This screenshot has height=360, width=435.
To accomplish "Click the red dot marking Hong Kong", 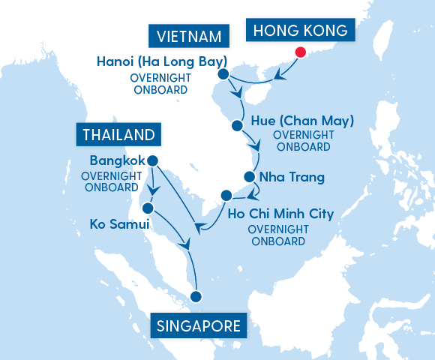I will click(300, 52).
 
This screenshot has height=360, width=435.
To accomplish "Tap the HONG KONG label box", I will click(301, 31).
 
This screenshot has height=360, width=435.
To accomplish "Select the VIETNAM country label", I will click(188, 36).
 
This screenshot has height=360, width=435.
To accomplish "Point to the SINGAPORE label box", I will click(199, 325).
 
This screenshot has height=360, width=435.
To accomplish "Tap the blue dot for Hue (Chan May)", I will click(238, 125).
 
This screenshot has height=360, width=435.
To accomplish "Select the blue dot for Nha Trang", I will click(249, 178).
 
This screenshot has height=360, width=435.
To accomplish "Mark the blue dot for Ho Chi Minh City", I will click(226, 196).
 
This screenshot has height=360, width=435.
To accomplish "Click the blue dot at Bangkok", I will click(153, 160).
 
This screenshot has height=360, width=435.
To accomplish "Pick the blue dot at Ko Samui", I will click(148, 208).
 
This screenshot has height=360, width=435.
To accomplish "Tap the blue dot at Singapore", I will click(196, 296).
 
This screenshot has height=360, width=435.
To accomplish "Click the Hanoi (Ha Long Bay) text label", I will click(161, 61).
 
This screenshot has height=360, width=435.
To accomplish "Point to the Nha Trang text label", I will click(291, 178).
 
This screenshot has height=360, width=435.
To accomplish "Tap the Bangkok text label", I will click(115, 160).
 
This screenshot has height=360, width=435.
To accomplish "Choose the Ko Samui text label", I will click(120, 223).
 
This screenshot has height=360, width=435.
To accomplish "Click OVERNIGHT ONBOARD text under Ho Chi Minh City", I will click(277, 235).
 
